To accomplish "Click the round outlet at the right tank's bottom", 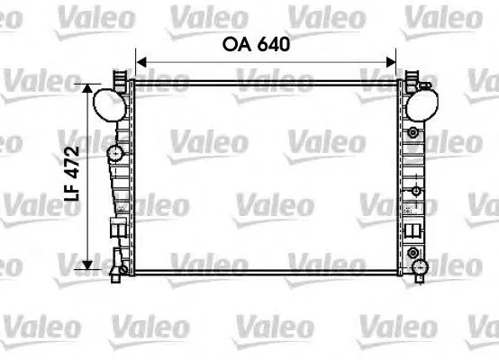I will pos(419,265).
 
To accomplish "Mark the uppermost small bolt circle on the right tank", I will pos(413,133).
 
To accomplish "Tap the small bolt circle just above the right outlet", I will pos(413,250).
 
